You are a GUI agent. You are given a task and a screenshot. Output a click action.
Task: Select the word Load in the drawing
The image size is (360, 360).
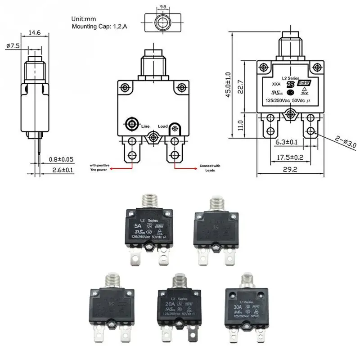point(163,127)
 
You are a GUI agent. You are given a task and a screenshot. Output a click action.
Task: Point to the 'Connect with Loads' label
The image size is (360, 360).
point(210,168)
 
